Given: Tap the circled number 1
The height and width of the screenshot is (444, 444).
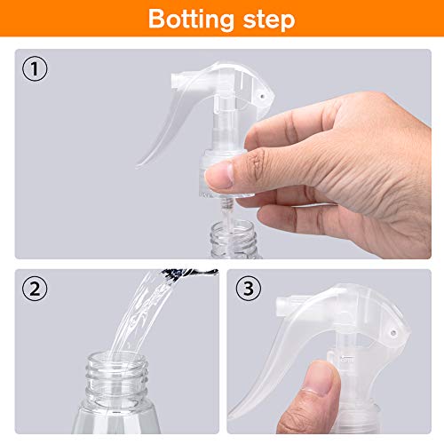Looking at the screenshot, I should point(35,69).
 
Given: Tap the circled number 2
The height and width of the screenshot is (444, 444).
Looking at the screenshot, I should point(35,289).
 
